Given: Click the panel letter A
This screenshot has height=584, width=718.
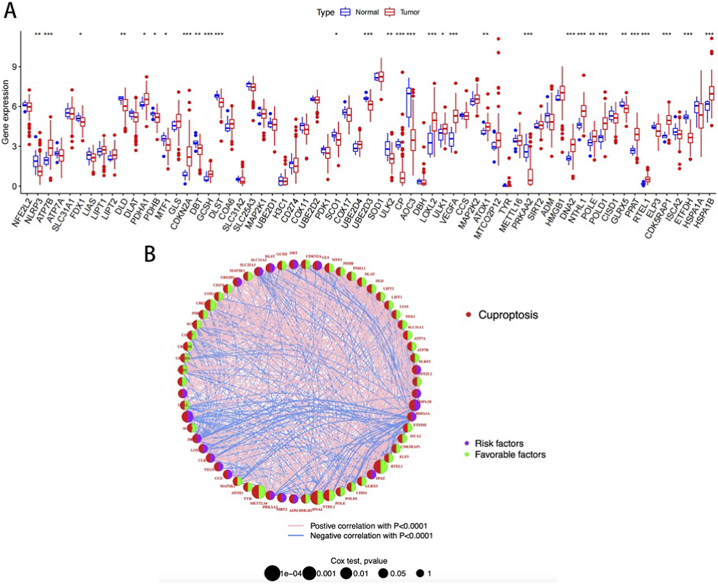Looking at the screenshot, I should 10,11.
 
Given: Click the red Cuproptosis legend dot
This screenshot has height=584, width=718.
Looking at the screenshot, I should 469,315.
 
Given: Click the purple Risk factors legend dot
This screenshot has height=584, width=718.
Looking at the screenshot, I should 467,443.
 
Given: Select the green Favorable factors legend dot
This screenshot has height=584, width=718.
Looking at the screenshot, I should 467,454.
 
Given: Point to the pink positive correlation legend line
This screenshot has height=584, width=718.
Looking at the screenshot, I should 296,526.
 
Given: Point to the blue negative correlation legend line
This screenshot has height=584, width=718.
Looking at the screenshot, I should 296,536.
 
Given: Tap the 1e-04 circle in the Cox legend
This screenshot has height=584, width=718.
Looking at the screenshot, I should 272,573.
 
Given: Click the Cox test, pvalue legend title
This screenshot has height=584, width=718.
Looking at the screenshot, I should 359,561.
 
